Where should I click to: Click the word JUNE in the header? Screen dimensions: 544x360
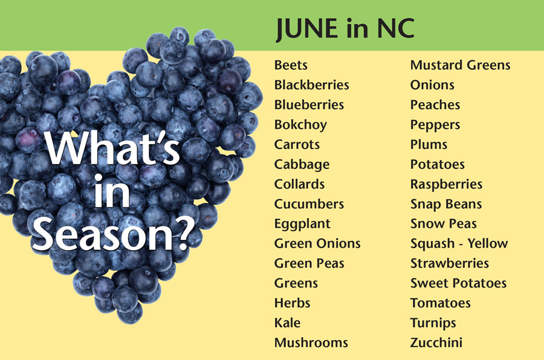coord(307,29)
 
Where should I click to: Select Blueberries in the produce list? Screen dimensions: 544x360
coord(309,104)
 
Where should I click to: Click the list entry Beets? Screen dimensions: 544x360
coord(291,65)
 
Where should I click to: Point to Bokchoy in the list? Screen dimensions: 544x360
coord(300,125)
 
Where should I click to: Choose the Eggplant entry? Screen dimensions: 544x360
coord(302,224)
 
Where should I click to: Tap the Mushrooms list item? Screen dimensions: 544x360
coord(311,342)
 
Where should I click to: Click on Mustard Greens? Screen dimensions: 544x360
coord(460,65)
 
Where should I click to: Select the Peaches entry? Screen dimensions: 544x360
coord(435,104)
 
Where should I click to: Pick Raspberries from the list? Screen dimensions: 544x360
coord(446,185)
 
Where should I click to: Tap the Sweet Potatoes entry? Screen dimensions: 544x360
coord(458,283)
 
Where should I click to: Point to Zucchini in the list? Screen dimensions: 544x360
coord(436,342)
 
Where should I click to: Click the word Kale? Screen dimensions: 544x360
coord(287,323)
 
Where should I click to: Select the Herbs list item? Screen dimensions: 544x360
coord(292,303)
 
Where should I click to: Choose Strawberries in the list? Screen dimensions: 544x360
coord(449,263)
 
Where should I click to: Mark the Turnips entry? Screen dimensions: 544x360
coord(433,324)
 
